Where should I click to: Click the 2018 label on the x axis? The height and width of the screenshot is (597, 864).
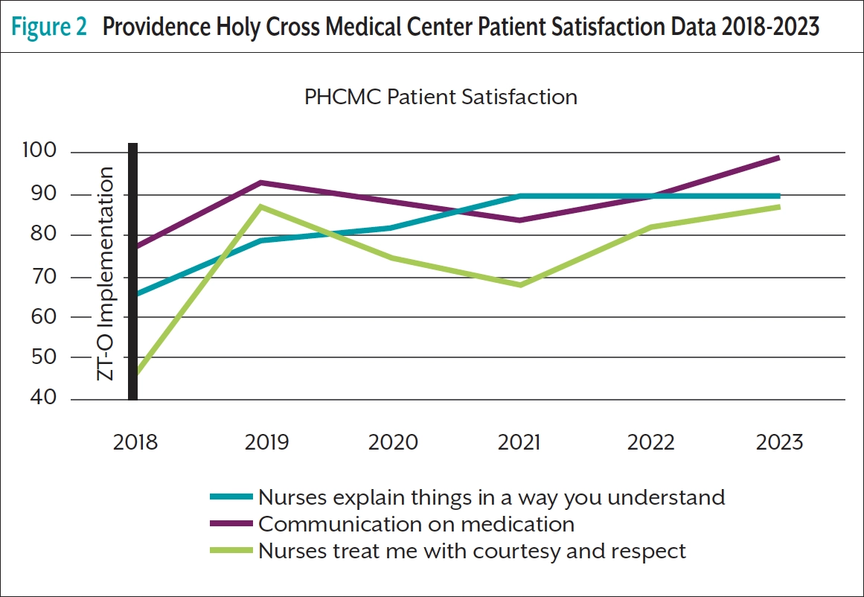pos(135,442)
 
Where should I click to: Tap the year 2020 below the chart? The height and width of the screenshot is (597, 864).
pos(393,442)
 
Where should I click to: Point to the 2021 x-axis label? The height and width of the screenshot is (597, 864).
pos(519,442)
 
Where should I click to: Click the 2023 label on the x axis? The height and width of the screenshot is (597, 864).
pos(778,442)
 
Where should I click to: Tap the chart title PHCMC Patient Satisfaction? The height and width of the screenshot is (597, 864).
pos(441,97)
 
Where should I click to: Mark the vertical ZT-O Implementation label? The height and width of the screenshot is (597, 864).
pos(107,273)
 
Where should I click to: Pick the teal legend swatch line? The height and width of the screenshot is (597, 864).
pos(231,497)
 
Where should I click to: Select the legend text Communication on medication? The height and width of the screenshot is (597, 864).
pos(416,524)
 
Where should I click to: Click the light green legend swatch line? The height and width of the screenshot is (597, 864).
pos(231,552)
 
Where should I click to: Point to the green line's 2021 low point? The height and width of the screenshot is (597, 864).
pos(519,285)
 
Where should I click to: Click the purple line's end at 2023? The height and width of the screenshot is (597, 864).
pos(778,158)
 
